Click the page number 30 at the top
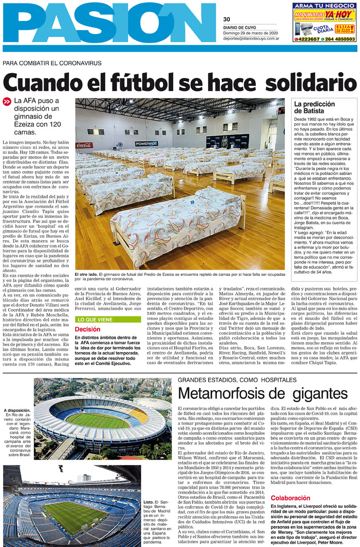point(226,19)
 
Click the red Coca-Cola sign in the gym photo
point(84,145)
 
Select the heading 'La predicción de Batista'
point(314,107)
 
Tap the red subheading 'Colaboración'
point(290,498)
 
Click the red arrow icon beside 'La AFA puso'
point(7,101)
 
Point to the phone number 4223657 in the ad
point(308,39)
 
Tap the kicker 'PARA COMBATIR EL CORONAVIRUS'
point(52,63)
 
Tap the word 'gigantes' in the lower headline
point(314,394)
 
